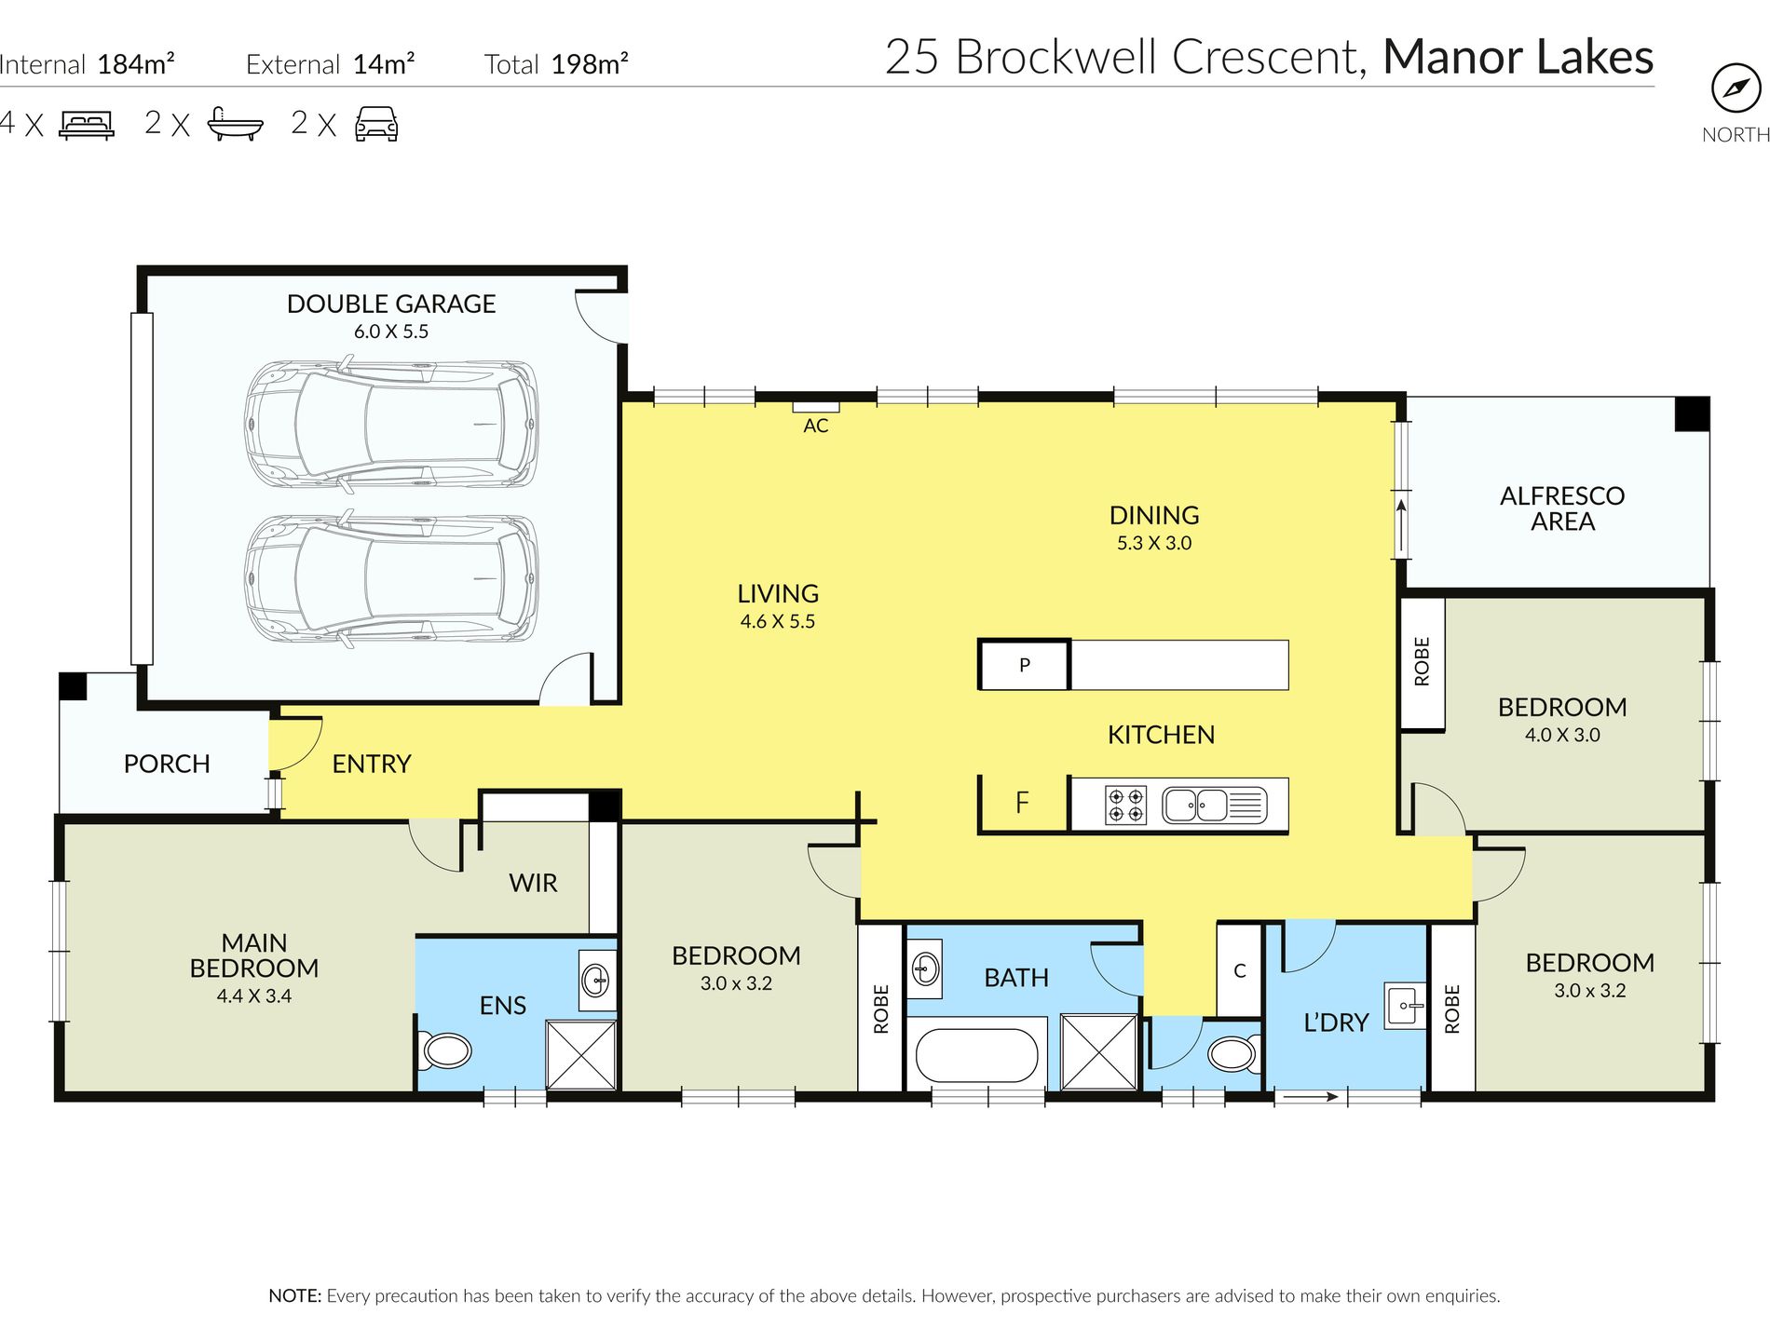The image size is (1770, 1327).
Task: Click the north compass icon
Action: coord(1736,88)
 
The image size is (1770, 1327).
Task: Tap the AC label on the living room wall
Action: coord(816,426)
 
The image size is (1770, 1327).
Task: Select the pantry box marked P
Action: coord(1024,665)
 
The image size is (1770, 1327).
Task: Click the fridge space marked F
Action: coord(1022,803)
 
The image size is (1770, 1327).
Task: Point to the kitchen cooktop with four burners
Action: coord(1125,806)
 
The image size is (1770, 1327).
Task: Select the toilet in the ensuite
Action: coord(444,1050)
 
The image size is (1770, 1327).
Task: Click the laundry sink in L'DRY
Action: coord(1405,1006)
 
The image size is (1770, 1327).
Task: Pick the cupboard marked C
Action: coord(1240,970)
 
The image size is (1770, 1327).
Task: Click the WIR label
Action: coord(533,883)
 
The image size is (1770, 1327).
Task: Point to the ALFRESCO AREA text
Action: coord(1562,508)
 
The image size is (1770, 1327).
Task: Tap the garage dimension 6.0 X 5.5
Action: coord(391,332)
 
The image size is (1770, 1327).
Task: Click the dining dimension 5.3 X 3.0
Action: coord(1154,543)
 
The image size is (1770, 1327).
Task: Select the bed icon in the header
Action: coord(87,125)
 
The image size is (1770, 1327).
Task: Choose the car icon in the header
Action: coord(376,124)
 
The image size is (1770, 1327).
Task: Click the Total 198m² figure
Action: coord(556,64)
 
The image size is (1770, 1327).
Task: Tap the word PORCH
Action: coord(167,764)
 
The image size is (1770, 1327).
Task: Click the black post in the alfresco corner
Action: coord(1692,414)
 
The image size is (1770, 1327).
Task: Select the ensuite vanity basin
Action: coord(596,980)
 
